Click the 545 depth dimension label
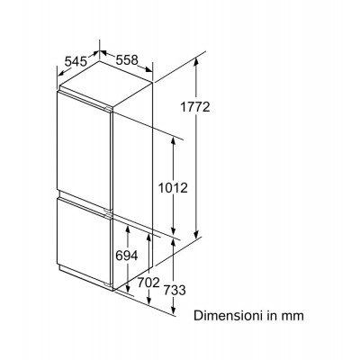coord(76,62)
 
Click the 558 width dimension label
coord(127,60)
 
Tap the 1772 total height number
coord(195,107)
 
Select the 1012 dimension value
coord(173,188)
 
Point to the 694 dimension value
coord(127,256)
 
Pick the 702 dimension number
coord(148,283)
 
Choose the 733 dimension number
coord(175,290)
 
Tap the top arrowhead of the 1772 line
coord(196,60)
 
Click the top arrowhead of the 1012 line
coord(173,139)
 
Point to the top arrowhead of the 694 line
coord(128,229)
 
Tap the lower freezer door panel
coord(85,241)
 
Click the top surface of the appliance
coord(106,85)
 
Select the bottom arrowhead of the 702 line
coord(148,300)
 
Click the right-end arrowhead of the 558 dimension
coord(148,70)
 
